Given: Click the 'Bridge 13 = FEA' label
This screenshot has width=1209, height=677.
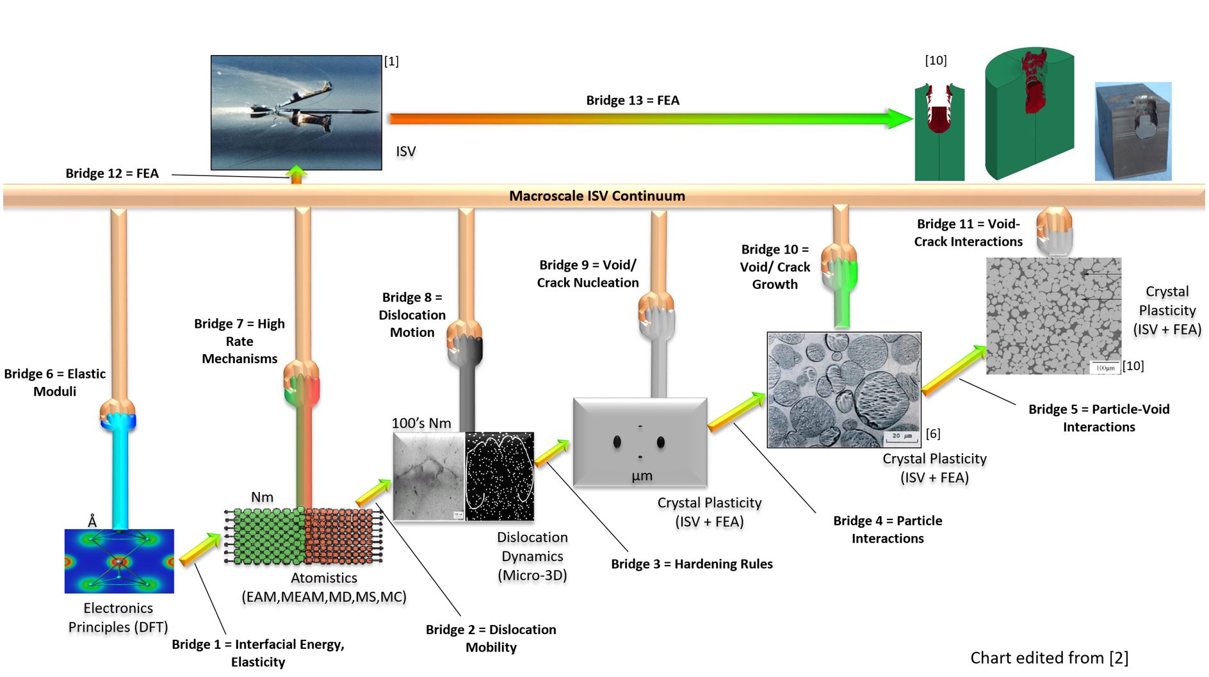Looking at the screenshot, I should click(633, 101).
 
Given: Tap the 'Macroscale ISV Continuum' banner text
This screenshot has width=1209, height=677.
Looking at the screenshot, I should click(597, 196).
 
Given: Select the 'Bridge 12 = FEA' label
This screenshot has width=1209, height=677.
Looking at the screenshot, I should click(112, 174).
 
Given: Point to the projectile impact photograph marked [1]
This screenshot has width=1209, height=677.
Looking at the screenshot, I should click(296, 113).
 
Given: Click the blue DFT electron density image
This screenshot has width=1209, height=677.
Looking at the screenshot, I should click(119, 561).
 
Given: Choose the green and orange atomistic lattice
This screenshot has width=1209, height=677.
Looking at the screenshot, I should click(304, 536).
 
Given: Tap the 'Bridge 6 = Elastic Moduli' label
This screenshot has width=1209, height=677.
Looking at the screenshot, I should click(55, 382).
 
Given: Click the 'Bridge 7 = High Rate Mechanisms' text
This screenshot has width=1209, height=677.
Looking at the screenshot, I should click(239, 341).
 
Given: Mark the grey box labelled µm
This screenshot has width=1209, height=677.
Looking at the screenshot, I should click(640, 443).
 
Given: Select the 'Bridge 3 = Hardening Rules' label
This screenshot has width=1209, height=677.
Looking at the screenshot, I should click(692, 564).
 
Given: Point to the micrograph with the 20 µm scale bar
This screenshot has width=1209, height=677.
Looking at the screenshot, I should click(844, 389).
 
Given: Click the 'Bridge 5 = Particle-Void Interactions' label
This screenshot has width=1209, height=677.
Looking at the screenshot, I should click(1099, 418).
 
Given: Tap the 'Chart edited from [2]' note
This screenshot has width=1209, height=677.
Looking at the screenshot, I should click(1049, 658).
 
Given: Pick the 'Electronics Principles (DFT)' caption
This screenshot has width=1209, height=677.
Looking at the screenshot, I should click(118, 617).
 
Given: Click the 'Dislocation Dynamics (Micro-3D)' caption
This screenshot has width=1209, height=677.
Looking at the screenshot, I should click(532, 556).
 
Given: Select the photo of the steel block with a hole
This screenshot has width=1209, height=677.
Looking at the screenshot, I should click(1133, 131).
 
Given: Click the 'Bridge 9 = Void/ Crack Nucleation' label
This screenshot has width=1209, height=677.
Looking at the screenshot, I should click(588, 274).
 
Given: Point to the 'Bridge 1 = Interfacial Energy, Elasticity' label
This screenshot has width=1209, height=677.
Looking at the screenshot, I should click(258, 653).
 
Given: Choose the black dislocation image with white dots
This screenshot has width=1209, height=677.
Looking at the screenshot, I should click(499, 476).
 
